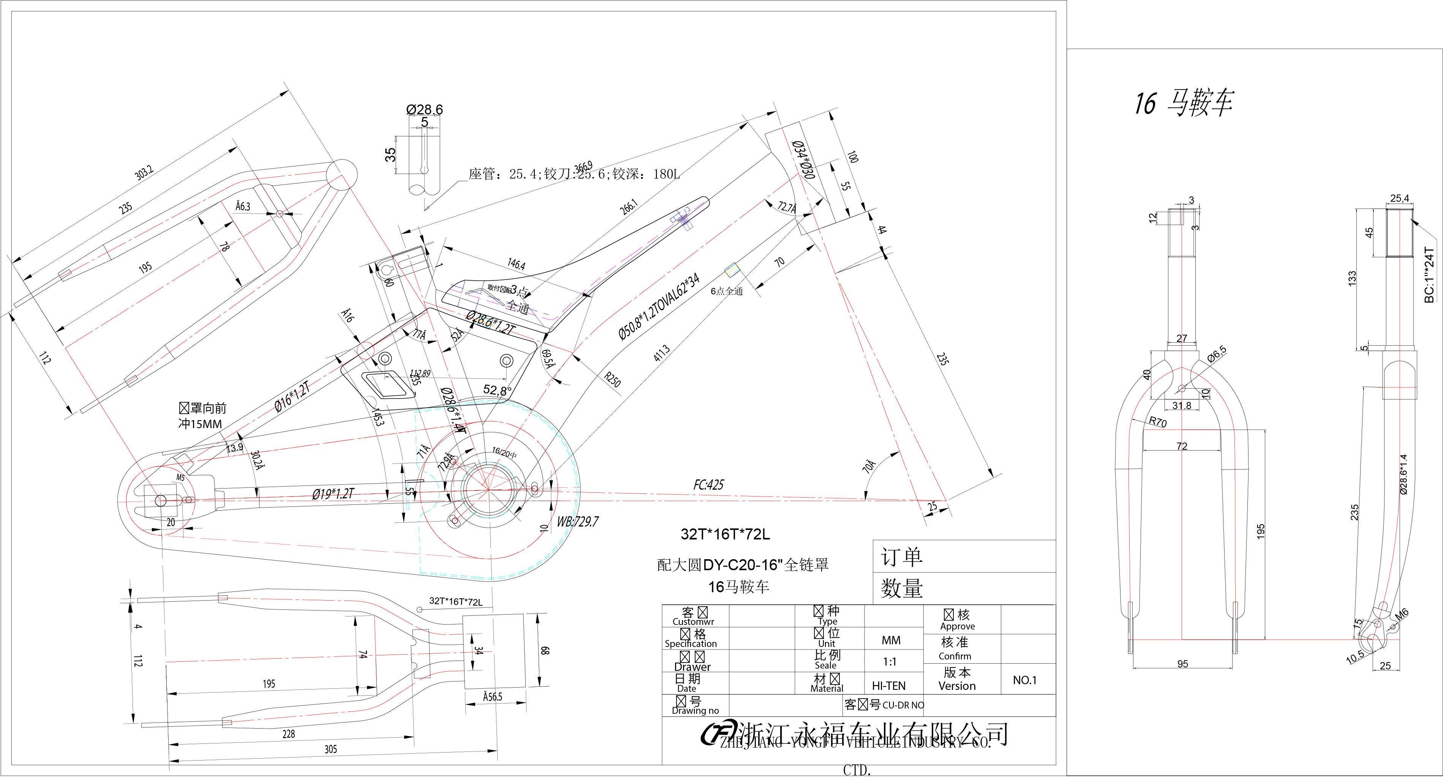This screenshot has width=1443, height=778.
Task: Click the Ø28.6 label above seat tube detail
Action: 424,109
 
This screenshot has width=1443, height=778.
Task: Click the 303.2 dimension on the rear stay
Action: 144,173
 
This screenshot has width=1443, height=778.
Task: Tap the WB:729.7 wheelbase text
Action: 577,522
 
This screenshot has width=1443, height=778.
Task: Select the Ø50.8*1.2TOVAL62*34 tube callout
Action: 659,307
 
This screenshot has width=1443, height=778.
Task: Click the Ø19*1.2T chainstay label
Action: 333,494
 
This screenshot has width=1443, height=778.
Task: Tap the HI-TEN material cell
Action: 888,686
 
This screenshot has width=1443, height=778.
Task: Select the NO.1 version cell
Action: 1024,680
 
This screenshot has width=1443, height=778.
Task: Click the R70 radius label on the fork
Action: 1157,422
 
